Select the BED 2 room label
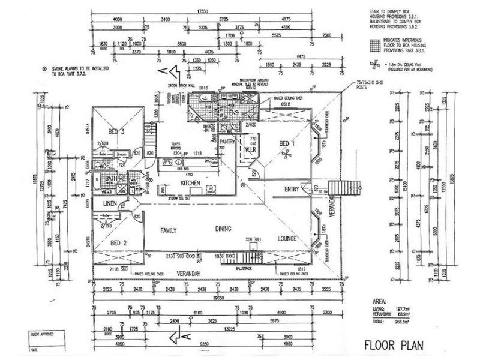click(119, 242)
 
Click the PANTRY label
click(227, 142)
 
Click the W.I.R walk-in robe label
click(249, 150)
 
